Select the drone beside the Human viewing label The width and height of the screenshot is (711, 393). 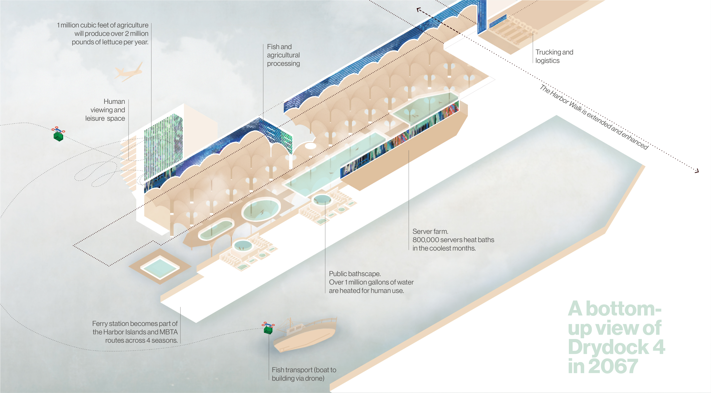(58, 134)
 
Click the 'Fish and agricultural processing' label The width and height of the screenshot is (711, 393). (283, 55)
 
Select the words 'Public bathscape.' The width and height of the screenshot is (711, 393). (355, 274)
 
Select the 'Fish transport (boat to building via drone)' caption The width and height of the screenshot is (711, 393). (304, 374)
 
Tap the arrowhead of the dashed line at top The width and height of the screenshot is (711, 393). (418, 10)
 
